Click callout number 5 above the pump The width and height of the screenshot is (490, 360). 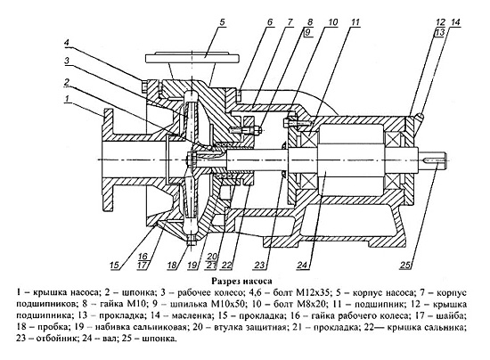point(222,22)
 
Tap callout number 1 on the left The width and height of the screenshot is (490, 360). point(67,99)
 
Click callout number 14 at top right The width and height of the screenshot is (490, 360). point(455,22)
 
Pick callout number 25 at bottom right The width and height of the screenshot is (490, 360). point(405,266)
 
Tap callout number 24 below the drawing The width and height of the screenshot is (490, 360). point(302,266)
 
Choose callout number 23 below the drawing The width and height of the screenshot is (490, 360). point(259,266)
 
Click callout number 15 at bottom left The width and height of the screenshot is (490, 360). point(115,266)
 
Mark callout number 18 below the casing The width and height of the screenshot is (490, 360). point(172,266)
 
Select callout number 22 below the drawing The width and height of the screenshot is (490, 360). point(227,266)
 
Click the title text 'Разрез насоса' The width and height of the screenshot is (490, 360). point(241,281)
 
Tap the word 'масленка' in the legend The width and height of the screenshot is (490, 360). point(176,315)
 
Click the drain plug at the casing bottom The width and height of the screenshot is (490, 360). point(191,241)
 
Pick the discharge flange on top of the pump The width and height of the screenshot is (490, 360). point(192,59)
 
